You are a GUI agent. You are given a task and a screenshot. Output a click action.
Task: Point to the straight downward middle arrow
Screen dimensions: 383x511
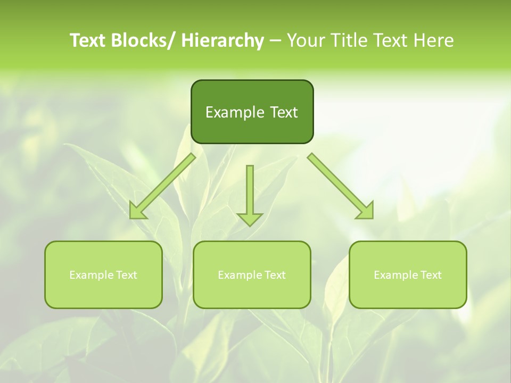(250, 194)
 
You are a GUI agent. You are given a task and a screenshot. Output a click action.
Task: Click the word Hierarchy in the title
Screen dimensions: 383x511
(222, 40)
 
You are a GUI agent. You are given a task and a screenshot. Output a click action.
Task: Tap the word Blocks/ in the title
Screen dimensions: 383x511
(144, 40)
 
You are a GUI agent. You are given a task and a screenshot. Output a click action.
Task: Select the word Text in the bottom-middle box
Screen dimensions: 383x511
(275, 275)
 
